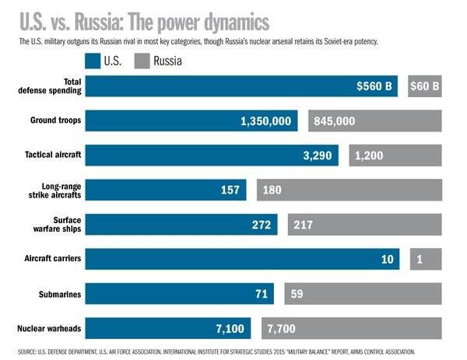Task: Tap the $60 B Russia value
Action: (424, 86)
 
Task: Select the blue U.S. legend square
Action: (93, 60)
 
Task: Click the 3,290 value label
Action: (317, 156)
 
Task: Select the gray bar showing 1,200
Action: (395, 156)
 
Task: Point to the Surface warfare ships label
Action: (61, 225)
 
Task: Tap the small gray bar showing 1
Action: (426, 260)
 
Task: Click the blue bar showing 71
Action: (179, 294)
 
